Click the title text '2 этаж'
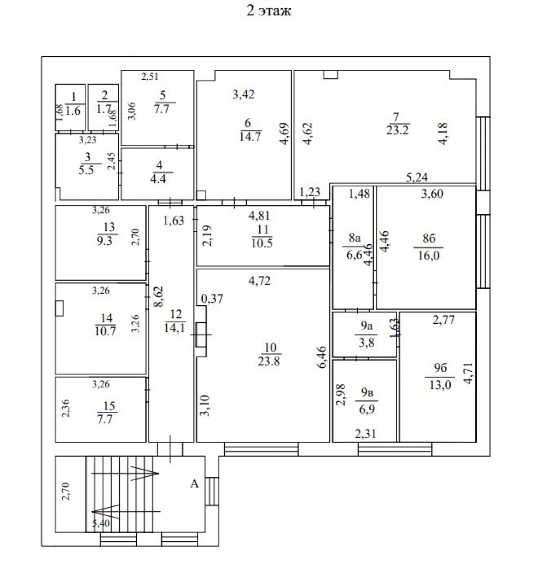pyautogui.click(x=269, y=10)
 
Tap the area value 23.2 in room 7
pyautogui.click(x=397, y=130)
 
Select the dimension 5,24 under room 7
pyautogui.click(x=417, y=177)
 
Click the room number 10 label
pyautogui.click(x=270, y=347)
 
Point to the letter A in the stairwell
pyautogui.click(x=194, y=484)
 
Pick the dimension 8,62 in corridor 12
pyautogui.click(x=159, y=297)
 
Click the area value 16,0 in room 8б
pyautogui.click(x=428, y=255)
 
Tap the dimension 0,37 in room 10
pyautogui.click(x=212, y=299)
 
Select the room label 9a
pyautogui.click(x=366, y=325)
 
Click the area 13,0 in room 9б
pyautogui.click(x=440, y=385)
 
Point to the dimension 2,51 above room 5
pyautogui.click(x=150, y=76)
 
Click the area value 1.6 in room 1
pyautogui.click(x=73, y=110)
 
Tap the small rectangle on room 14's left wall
pyautogui.click(x=59, y=308)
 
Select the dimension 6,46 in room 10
pyautogui.click(x=322, y=357)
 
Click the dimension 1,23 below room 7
pyautogui.click(x=310, y=192)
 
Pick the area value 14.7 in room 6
pyautogui.click(x=250, y=137)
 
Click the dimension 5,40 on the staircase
pyautogui.click(x=101, y=523)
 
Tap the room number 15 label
pyautogui.click(x=109, y=406)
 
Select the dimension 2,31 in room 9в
pyautogui.click(x=365, y=434)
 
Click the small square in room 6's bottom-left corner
pyautogui.click(x=201, y=196)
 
